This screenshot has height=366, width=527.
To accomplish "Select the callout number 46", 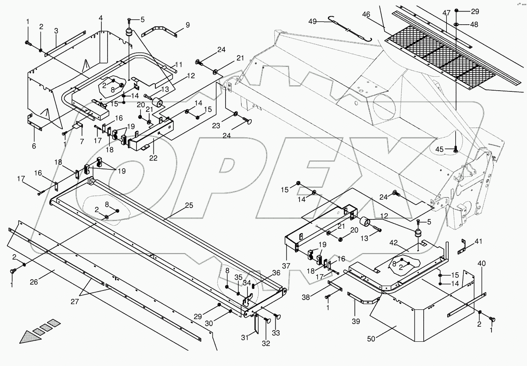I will [x=366, y=15].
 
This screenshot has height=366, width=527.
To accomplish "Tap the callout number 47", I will [x=446, y=13].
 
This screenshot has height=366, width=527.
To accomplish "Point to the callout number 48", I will [x=474, y=24].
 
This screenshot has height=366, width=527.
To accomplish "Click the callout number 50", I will [x=371, y=339].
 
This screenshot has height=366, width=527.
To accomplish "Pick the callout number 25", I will [x=189, y=206].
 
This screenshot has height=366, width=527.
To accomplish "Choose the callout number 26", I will [x=34, y=282].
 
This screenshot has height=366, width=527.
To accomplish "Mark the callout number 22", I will [x=153, y=159].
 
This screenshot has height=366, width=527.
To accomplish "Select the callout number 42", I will [x=393, y=243].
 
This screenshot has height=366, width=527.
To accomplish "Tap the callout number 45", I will [x=440, y=149].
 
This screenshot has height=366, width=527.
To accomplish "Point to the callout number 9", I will [x=187, y=25].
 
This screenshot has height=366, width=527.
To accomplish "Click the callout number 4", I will [x=101, y=18].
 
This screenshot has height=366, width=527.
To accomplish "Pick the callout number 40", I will [x=482, y=263].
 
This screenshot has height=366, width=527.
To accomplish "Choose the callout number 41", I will [x=478, y=242].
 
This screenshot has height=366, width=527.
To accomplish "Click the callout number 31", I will [x=244, y=338].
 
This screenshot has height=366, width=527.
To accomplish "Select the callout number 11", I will [x=178, y=64].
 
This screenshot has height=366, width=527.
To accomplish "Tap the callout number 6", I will [x=34, y=146].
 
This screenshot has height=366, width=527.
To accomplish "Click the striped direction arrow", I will [x=37, y=331].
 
